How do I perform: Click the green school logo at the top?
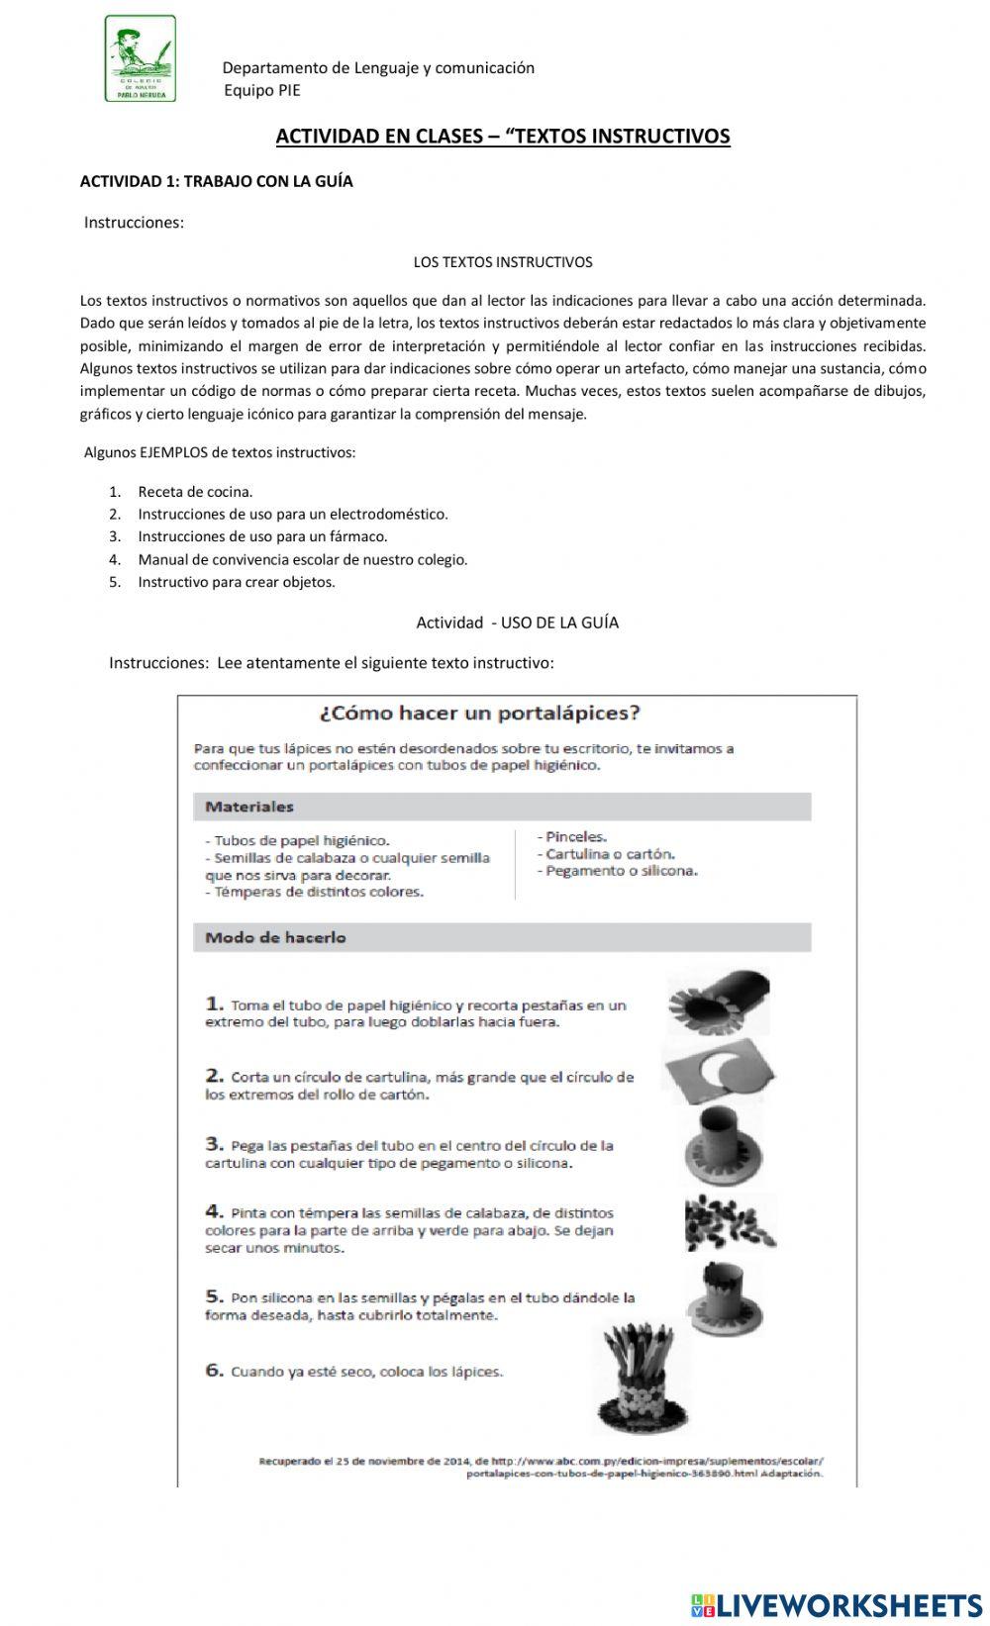coord(141,58)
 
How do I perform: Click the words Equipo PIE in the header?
coord(261,90)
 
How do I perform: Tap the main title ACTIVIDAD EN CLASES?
coord(502,136)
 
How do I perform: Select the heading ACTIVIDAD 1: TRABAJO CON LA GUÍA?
coord(216,181)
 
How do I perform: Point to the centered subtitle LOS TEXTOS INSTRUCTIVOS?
coord(502,262)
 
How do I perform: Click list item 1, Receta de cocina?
coord(195,491)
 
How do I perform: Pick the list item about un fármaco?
coord(262,536)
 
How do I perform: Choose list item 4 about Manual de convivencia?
coord(302,559)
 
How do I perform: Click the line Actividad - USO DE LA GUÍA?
coord(517,622)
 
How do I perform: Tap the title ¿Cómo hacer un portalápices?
coord(479,713)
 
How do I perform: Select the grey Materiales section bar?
coord(502,807)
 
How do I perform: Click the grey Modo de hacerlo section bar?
coord(502,937)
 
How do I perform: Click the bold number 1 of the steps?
coord(213,1004)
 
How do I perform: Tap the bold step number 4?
coord(214,1211)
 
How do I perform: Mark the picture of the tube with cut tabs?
coord(718,1002)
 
